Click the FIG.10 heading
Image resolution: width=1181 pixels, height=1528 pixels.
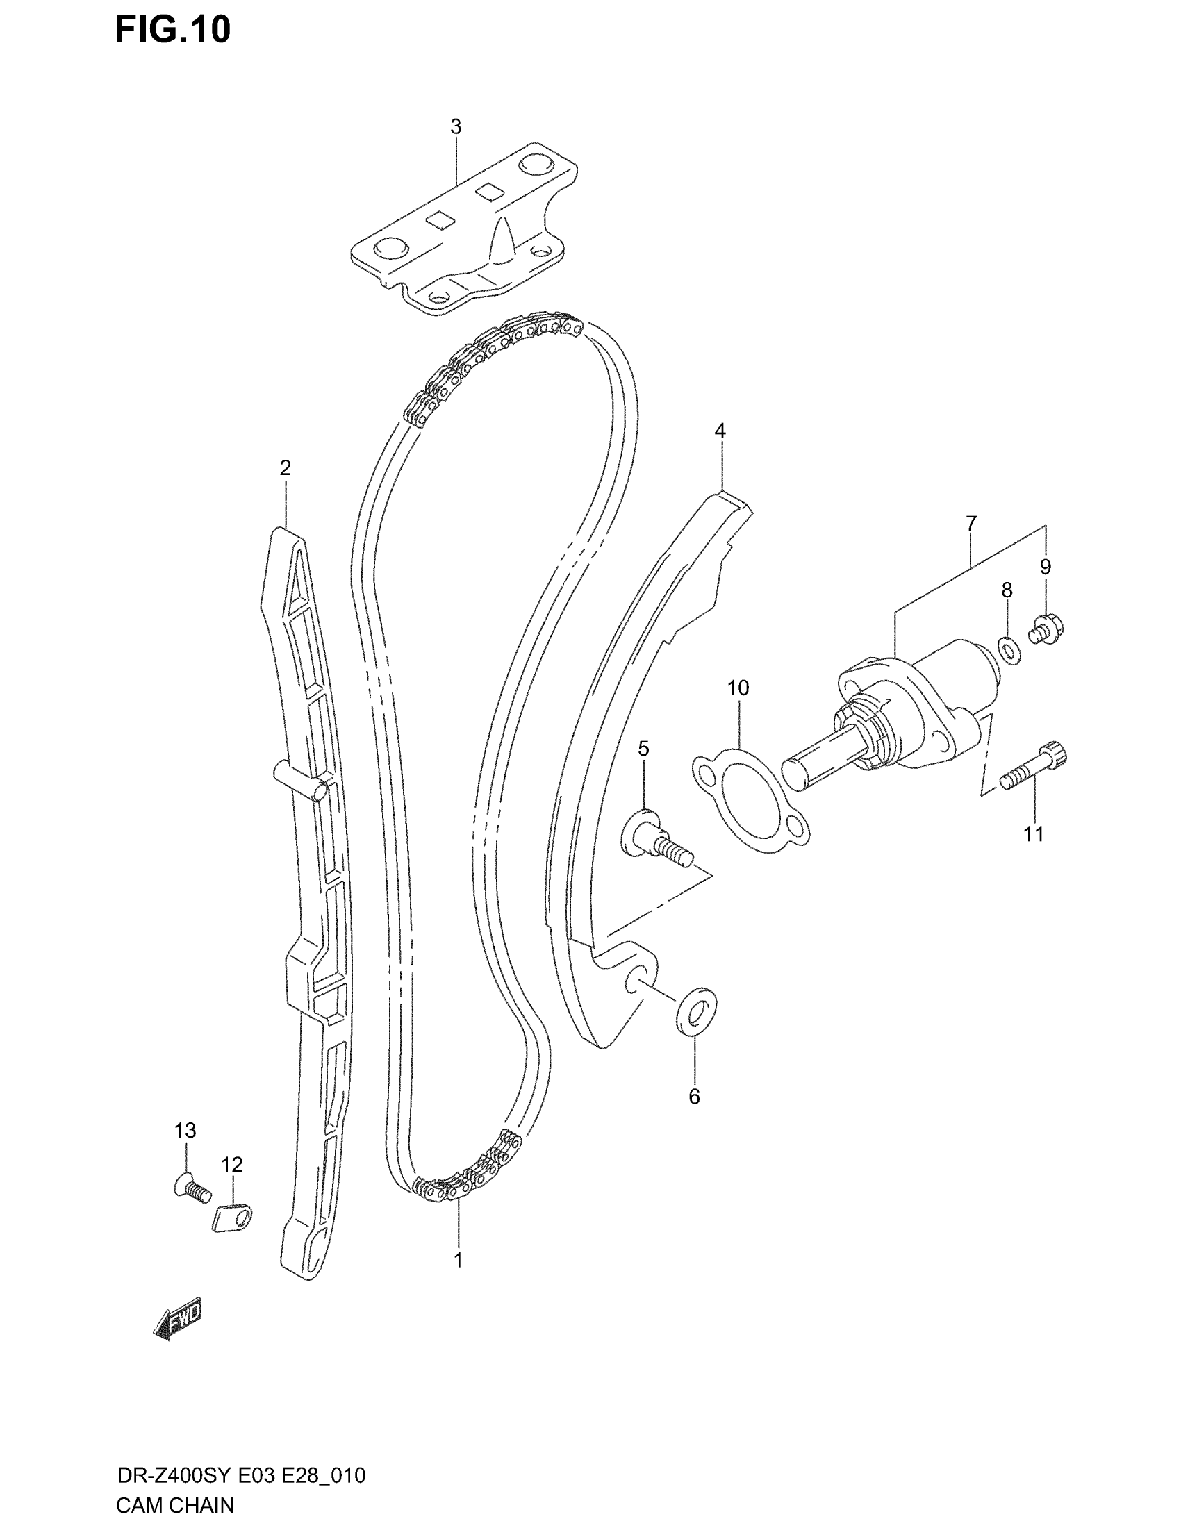(172, 31)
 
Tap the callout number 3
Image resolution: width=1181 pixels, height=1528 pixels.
(456, 127)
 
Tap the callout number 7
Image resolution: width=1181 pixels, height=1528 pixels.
(971, 523)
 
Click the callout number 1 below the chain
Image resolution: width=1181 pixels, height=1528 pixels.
(459, 1261)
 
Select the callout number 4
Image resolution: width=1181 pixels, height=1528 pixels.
(720, 431)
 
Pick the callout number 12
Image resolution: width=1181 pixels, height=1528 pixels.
(231, 1165)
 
